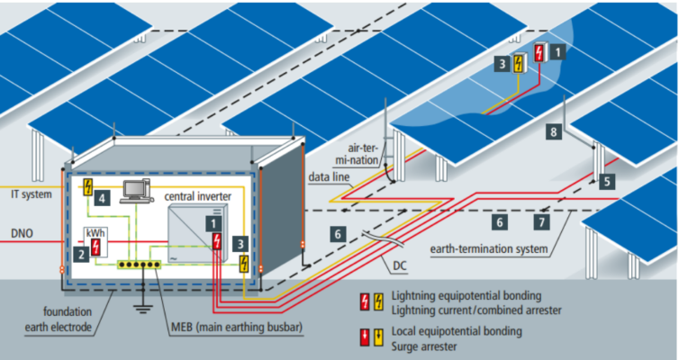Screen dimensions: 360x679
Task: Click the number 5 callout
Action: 606,181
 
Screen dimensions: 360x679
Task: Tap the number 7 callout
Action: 540,220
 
